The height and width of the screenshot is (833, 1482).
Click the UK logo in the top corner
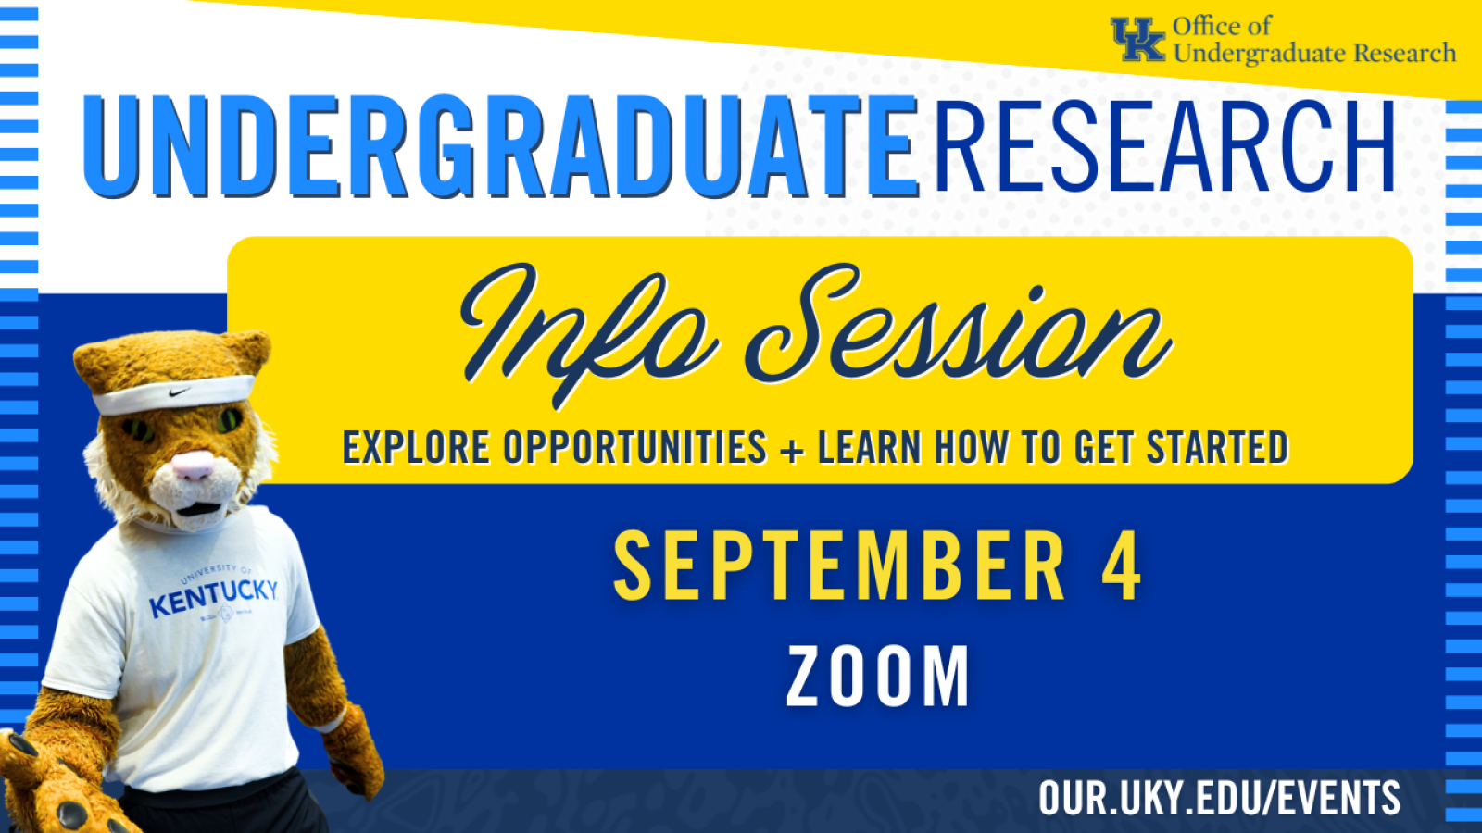1137,40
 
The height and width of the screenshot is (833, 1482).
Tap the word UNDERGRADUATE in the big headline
501,147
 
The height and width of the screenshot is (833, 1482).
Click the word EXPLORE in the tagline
416,447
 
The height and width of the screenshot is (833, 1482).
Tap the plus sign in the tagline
792,450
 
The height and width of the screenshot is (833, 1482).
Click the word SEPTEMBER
839,566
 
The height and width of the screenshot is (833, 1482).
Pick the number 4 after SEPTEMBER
1122,566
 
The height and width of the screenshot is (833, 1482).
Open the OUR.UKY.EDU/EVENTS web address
1219,797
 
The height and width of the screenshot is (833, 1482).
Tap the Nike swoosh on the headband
180,392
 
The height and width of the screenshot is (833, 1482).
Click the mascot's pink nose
194,466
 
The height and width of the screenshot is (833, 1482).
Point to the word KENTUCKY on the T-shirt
213,597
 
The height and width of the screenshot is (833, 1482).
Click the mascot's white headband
173,394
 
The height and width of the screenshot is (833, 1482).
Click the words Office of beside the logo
1222,27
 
